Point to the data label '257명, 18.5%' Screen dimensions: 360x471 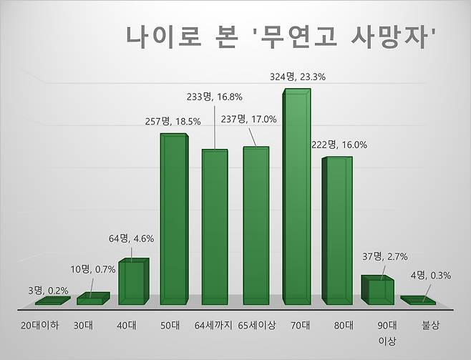point(173,122)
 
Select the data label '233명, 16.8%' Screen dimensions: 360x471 point(215,95)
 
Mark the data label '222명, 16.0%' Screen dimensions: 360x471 point(340,145)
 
